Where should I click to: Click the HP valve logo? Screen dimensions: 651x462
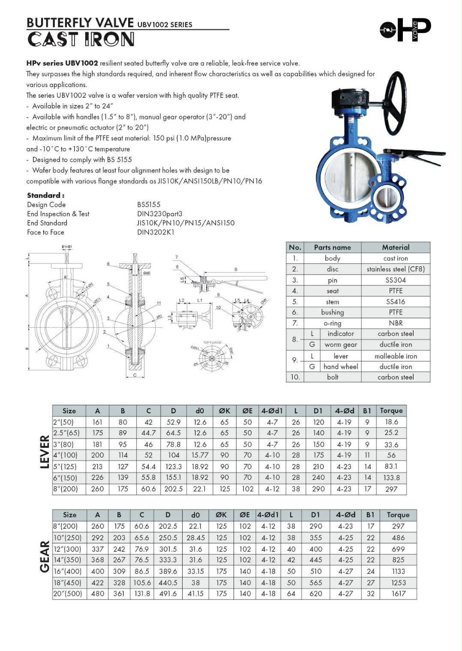(x=405, y=30)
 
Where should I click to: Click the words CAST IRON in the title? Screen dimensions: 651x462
(x=81, y=39)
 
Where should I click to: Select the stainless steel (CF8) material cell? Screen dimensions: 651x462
(x=395, y=269)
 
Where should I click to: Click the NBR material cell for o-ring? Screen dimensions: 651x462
(x=395, y=323)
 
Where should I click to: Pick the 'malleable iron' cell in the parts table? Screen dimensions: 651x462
(x=395, y=356)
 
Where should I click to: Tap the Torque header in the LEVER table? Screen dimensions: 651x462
(x=391, y=411)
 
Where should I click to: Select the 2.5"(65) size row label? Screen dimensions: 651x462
(x=66, y=433)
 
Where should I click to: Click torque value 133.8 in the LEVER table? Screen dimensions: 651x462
(x=391, y=477)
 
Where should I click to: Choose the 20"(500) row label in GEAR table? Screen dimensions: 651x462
(x=68, y=594)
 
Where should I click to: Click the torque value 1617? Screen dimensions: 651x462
(x=398, y=594)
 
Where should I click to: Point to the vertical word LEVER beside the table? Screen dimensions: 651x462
(x=45, y=452)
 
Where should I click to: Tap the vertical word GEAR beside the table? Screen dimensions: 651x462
(x=45, y=556)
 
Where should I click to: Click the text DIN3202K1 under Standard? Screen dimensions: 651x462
(x=156, y=232)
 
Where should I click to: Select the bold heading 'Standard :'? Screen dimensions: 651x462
(x=45, y=195)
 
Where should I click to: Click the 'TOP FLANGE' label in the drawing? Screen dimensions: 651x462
(x=212, y=342)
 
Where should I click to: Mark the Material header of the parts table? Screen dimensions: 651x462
(x=395, y=247)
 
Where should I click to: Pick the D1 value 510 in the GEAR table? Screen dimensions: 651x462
(x=315, y=571)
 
